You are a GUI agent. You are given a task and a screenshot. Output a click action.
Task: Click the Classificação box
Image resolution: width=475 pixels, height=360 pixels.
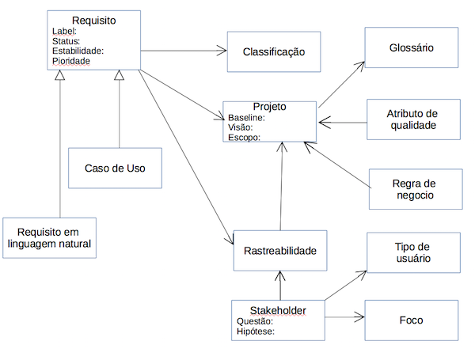click(274, 53)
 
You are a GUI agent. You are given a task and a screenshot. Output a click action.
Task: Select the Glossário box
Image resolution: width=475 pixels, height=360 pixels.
click(411, 48)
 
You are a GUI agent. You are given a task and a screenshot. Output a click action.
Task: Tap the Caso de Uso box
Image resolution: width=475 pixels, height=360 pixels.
click(115, 168)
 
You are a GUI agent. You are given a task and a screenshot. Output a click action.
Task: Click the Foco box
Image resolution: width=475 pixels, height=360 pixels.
click(411, 320)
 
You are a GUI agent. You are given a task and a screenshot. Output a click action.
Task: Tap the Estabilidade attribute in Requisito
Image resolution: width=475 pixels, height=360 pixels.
click(77, 51)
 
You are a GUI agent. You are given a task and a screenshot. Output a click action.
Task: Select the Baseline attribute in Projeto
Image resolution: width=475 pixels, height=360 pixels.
click(246, 117)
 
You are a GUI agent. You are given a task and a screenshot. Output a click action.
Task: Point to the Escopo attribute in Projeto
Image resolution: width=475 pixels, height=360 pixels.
click(244, 136)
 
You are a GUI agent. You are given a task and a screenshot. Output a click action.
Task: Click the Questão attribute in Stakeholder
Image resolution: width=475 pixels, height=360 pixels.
click(255, 321)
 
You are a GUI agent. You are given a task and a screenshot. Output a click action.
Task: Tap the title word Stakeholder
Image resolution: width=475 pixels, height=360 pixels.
click(276, 309)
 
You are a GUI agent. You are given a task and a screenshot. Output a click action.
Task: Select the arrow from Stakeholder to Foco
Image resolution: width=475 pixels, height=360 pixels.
click(343, 318)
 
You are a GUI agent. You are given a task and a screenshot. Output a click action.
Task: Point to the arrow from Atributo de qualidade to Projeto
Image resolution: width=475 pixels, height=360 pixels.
click(342, 122)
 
